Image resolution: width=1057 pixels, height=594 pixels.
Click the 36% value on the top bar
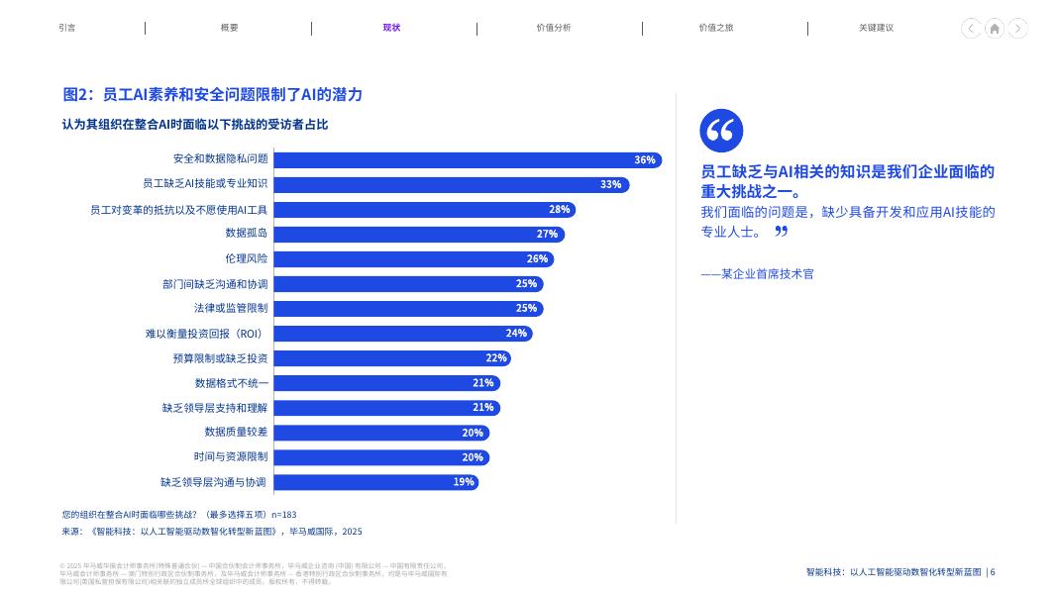[x=645, y=159]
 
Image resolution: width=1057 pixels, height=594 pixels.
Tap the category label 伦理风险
[x=247, y=258]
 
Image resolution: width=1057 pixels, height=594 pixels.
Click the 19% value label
[x=464, y=482]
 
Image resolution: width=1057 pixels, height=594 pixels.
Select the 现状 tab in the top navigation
[x=391, y=28]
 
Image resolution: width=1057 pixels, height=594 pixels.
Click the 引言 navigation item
[x=67, y=28]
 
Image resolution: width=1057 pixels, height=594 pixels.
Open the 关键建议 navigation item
[x=876, y=28]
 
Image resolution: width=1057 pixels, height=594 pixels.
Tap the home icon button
[x=995, y=29]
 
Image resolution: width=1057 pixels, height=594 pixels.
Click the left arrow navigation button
[x=972, y=29]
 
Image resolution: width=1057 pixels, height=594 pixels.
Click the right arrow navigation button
[x=1017, y=29]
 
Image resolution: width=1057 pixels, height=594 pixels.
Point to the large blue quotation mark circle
[x=721, y=131]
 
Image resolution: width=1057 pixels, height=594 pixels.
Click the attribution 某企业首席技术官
[x=757, y=273]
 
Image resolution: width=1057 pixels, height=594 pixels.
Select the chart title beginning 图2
[x=213, y=94]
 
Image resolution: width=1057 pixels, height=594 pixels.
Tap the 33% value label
[x=610, y=184]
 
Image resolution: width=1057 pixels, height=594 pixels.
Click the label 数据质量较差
[x=236, y=433]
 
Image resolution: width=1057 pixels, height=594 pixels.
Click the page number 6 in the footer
[x=993, y=572]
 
